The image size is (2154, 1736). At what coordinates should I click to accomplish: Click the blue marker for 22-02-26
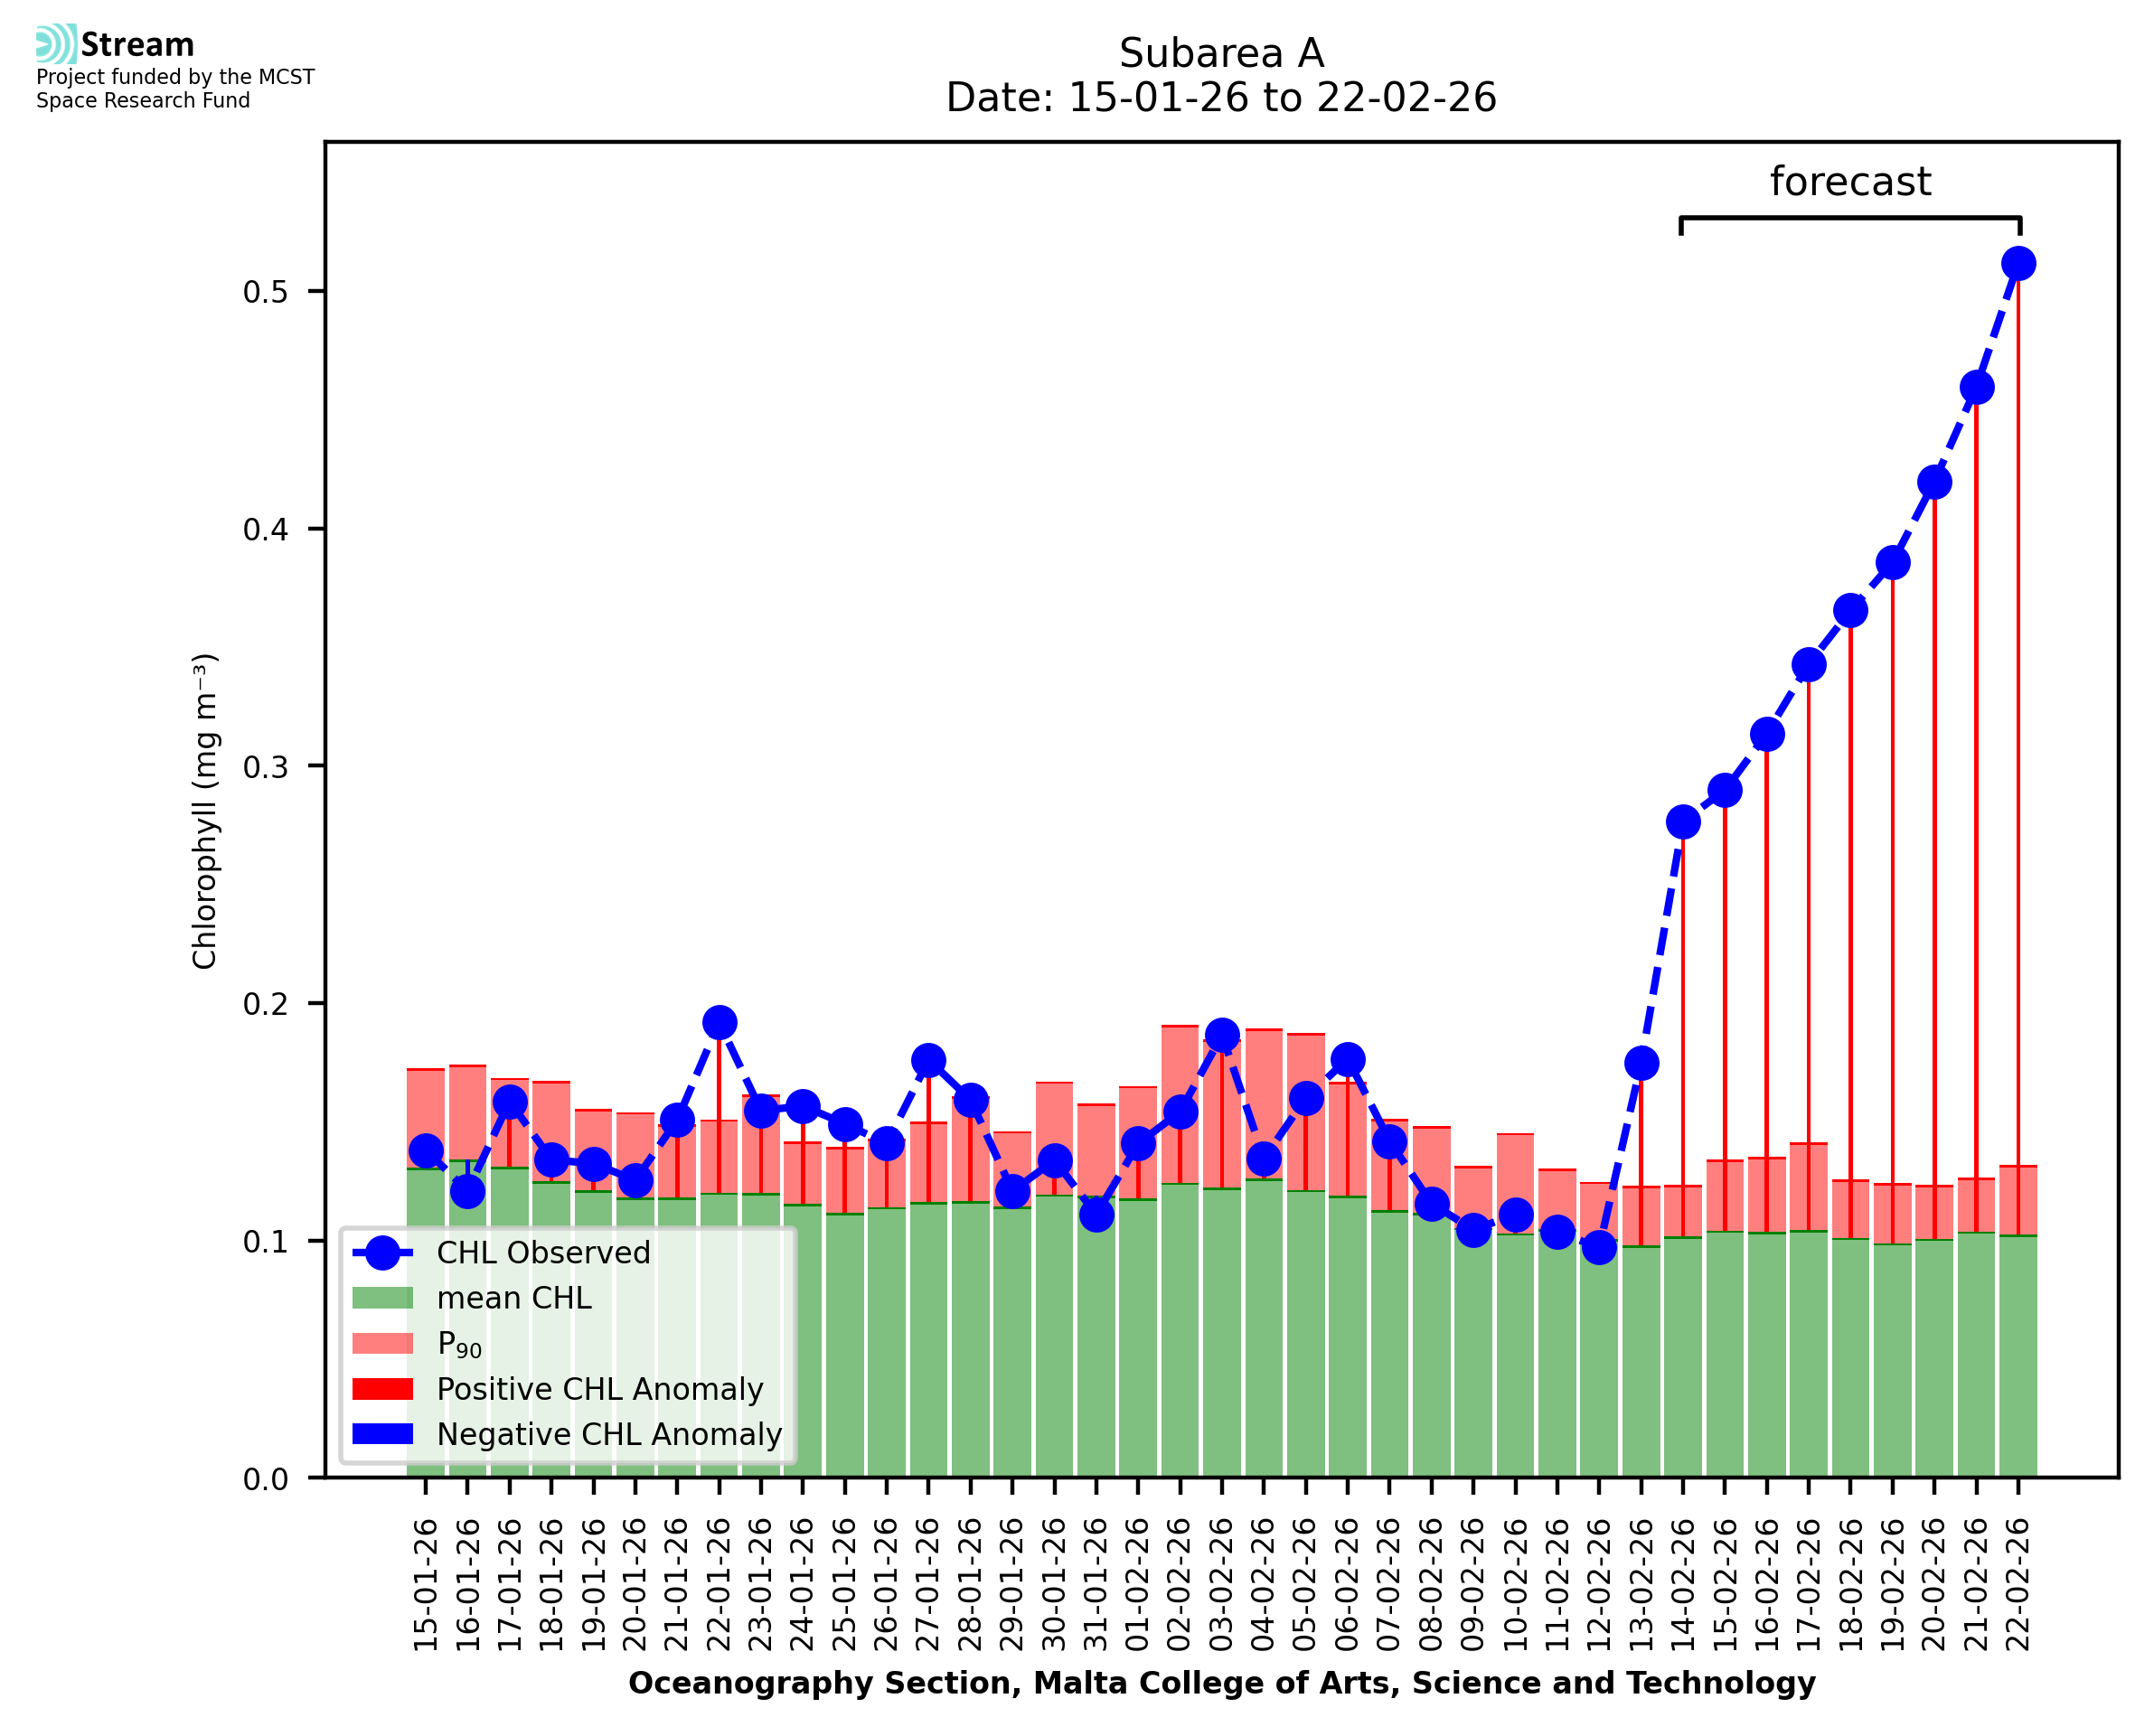2018,264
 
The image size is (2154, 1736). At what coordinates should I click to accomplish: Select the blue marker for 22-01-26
719,1023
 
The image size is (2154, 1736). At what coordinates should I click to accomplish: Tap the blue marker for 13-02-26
1641,1063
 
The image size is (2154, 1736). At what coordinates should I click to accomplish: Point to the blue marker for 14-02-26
1683,822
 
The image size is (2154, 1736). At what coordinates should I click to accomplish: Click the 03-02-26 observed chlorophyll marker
1222,1035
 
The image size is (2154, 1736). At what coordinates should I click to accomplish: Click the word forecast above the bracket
1850,182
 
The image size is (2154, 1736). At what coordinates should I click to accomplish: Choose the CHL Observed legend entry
543,1253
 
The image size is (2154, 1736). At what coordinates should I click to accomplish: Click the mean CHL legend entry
514,1298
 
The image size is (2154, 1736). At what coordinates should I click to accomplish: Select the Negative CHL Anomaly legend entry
609,1434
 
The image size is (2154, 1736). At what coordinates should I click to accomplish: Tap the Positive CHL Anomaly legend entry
600,1389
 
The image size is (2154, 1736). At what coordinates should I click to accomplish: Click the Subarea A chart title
1221,54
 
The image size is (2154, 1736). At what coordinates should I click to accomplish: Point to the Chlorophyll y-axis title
205,811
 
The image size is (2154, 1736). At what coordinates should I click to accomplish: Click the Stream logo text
137,45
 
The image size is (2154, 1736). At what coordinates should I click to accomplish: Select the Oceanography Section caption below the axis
1221,1684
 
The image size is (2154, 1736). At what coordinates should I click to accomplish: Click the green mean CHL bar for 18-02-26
1850,1360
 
